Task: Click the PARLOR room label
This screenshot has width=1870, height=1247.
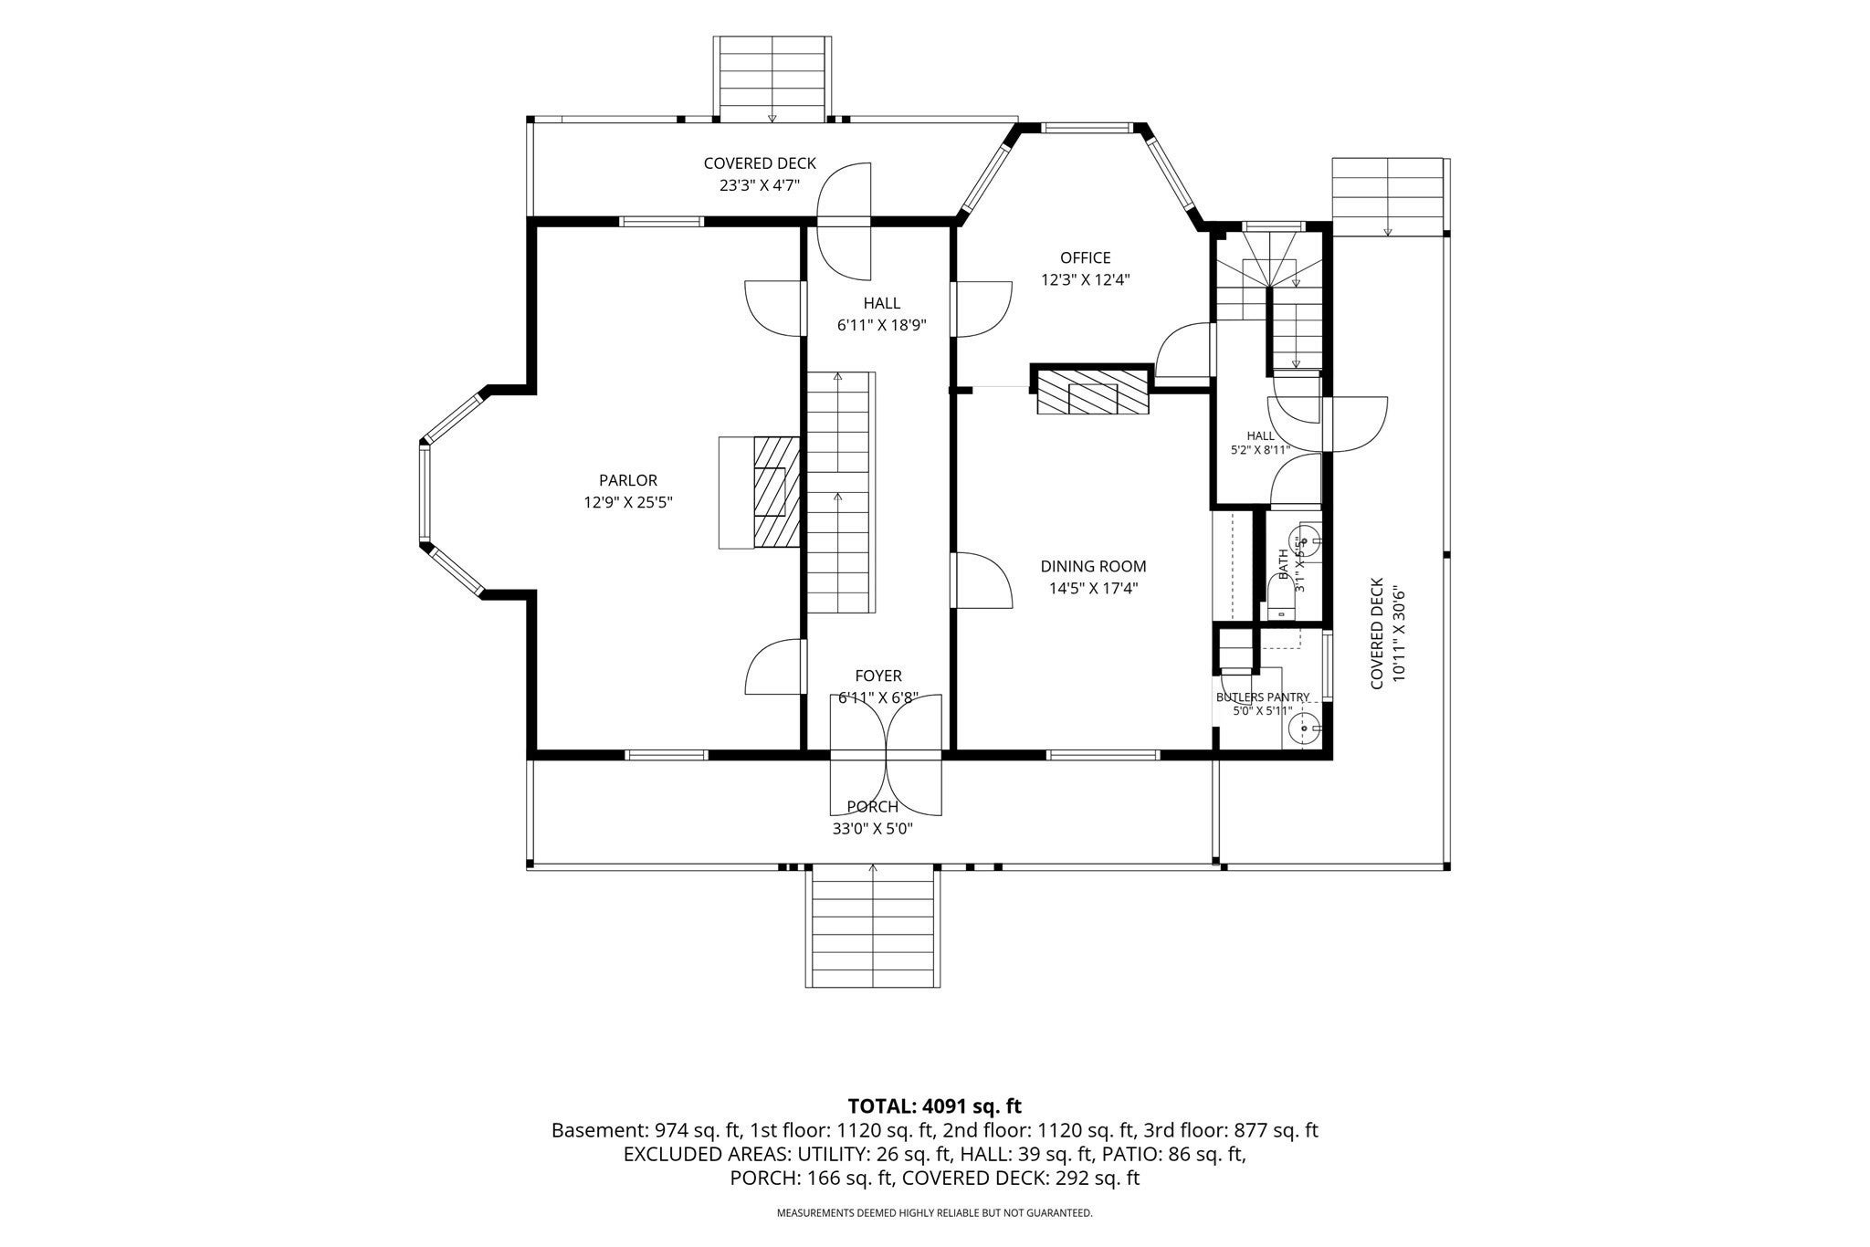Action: tap(628, 480)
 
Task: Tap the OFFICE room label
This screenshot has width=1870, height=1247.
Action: tap(1086, 258)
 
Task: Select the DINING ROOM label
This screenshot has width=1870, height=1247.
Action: tap(1093, 567)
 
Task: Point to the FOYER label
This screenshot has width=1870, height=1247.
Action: tap(878, 676)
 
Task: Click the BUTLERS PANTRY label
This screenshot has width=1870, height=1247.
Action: tap(1263, 697)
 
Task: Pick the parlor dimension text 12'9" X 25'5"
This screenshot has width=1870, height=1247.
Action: tap(628, 502)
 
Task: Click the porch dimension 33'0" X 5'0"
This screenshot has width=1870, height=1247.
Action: tap(873, 829)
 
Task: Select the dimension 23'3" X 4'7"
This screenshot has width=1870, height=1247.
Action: tap(760, 185)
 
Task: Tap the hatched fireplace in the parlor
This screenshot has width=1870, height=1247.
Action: tap(776, 493)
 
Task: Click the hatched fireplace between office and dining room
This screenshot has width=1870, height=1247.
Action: tap(1093, 393)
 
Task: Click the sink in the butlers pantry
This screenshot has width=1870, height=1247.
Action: tap(1302, 728)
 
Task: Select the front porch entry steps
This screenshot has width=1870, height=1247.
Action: tap(873, 926)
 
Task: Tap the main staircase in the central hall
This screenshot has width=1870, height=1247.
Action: tap(840, 493)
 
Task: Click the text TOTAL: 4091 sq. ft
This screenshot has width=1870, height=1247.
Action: tap(934, 1106)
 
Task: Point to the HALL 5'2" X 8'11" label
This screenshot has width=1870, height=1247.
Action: tap(1261, 443)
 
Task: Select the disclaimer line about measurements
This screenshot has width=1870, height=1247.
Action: tap(934, 1213)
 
